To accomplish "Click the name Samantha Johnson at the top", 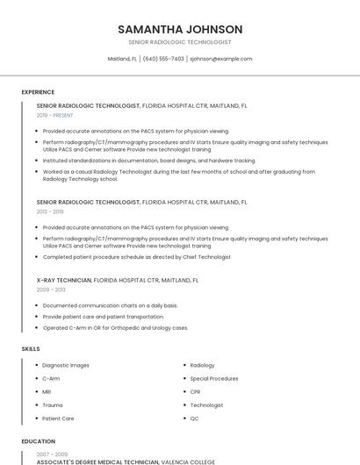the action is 180,29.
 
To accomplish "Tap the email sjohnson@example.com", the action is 220,59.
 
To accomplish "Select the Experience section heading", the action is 38,92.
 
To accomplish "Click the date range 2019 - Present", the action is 55,115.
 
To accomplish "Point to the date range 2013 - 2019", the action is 50,211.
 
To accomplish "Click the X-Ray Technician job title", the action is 64,280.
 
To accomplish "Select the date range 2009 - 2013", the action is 51,290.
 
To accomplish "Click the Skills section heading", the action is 31,349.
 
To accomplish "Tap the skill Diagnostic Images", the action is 66,365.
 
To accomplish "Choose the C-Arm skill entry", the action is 51,378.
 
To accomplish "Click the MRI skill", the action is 47,391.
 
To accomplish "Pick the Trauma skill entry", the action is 52,405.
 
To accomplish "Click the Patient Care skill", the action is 58,418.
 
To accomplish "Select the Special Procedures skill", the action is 213,378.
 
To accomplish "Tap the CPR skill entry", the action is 195,391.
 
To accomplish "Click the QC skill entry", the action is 194,418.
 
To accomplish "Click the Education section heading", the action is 38,441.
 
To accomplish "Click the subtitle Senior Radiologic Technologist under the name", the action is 180,42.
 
